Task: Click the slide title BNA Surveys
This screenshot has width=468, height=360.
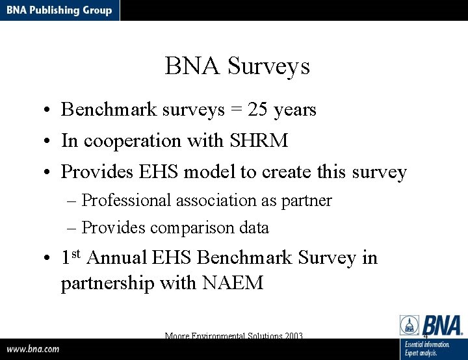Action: tap(237, 66)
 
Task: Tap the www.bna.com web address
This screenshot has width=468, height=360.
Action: tap(33, 348)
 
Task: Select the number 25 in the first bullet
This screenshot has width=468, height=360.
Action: tap(258, 109)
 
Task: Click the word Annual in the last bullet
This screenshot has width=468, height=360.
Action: tap(116, 258)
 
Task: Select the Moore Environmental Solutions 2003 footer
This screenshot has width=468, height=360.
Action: tap(234, 336)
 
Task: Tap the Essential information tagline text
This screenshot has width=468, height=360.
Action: tap(427, 344)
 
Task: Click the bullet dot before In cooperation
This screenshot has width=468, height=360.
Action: tap(48, 141)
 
